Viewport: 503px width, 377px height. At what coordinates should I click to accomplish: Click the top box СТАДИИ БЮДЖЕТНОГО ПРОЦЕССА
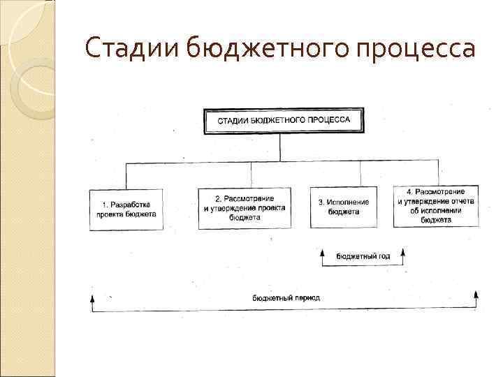[x=284, y=120]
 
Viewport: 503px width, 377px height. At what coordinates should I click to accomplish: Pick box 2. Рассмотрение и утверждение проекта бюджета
[x=245, y=208]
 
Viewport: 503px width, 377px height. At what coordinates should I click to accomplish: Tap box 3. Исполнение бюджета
[x=344, y=207]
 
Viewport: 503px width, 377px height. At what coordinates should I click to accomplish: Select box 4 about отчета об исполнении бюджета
[x=436, y=205]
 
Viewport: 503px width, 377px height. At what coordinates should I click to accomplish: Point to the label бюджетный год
[x=363, y=256]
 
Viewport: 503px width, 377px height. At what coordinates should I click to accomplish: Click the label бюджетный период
[x=286, y=297]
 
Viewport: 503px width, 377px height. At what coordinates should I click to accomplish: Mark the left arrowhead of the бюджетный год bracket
[x=322, y=251]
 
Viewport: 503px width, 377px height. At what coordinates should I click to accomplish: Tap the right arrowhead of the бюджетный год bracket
[x=403, y=251]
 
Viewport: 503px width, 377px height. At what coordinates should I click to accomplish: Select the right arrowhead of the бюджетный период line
[x=476, y=295]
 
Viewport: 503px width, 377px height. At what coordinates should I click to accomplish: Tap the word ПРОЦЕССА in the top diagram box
[x=331, y=120]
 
